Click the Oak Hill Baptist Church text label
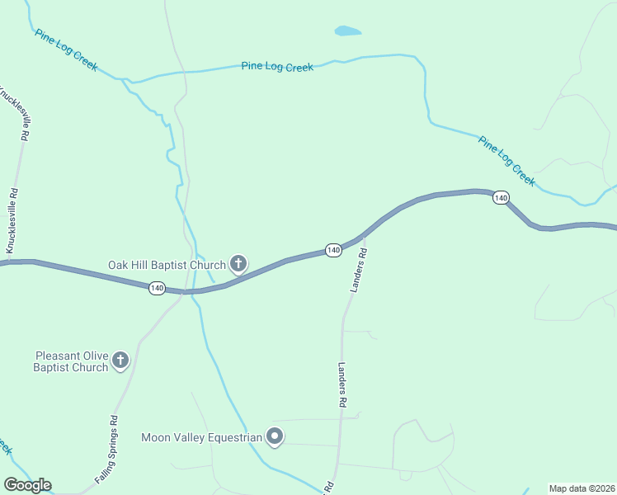pyautogui.click(x=167, y=265)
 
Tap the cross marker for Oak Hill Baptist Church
pyautogui.click(x=238, y=264)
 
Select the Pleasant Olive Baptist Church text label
pyautogui.click(x=71, y=361)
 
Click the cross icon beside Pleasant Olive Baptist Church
pyautogui.click(x=120, y=359)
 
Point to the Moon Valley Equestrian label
pyautogui.click(x=201, y=437)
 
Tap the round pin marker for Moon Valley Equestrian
pyautogui.click(x=276, y=436)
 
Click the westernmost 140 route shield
pyautogui.click(x=157, y=288)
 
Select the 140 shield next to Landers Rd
pyautogui.click(x=333, y=249)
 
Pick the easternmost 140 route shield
pyautogui.click(x=501, y=197)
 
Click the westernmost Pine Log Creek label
pyautogui.click(x=66, y=49)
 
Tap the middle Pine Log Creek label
pyautogui.click(x=277, y=67)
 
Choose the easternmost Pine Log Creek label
pyautogui.click(x=506, y=160)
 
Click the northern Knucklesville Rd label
pyautogui.click(x=18, y=112)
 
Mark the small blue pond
pyautogui.click(x=348, y=31)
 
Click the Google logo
pyautogui.click(x=27, y=485)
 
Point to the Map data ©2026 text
pyautogui.click(x=582, y=488)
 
